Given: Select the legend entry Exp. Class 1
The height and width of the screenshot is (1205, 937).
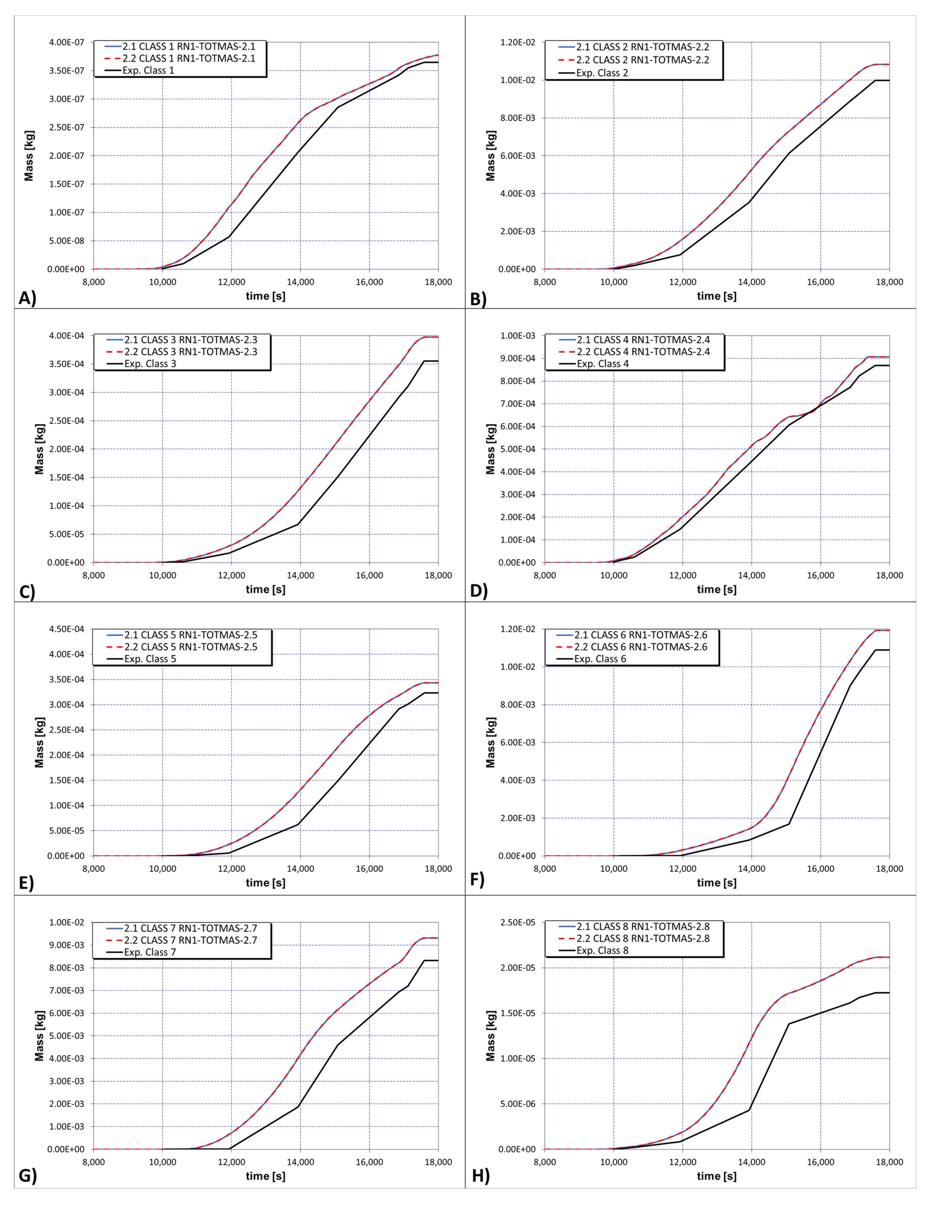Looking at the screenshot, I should (x=149, y=71).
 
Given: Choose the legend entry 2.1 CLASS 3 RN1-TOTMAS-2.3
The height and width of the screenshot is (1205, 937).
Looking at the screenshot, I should (x=190, y=340).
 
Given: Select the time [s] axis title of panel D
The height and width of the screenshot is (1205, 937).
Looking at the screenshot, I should (x=716, y=589).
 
